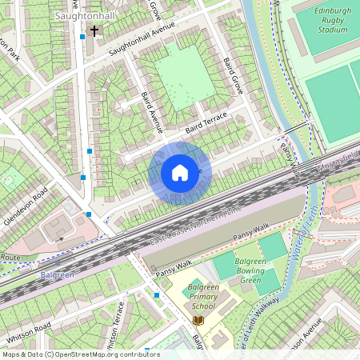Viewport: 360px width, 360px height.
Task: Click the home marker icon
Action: pyautogui.click(x=179, y=173)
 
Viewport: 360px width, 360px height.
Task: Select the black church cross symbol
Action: pyautogui.click(x=94, y=31)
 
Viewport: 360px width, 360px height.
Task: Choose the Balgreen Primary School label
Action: pyautogui.click(x=203, y=297)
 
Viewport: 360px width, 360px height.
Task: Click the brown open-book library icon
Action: pyautogui.click(x=198, y=320)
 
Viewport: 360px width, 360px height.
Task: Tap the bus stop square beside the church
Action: pyautogui.click(x=82, y=36)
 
